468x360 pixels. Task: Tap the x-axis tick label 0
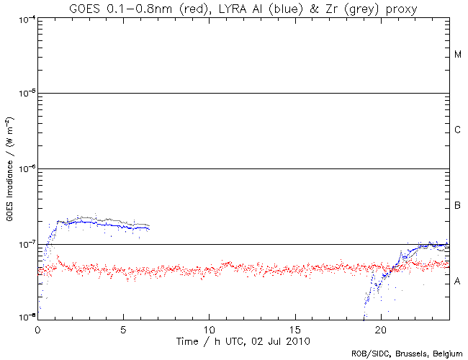click(x=37, y=328)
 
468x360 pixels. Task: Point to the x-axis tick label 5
click(x=124, y=328)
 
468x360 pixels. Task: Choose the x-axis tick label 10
click(x=209, y=328)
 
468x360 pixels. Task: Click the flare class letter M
click(x=458, y=55)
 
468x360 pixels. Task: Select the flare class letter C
click(x=458, y=130)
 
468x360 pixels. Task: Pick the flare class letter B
click(x=458, y=207)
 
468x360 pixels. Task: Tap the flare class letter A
click(x=458, y=282)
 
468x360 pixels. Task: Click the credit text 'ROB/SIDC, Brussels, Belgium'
click(x=406, y=354)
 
